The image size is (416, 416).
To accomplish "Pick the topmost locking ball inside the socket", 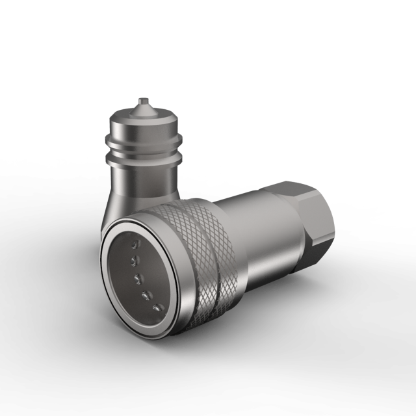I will point(134,244).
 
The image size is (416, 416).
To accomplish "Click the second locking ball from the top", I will point(135,261).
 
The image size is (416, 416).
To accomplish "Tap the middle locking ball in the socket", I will point(138,278).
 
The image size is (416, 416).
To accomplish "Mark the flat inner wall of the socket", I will point(123,273).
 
